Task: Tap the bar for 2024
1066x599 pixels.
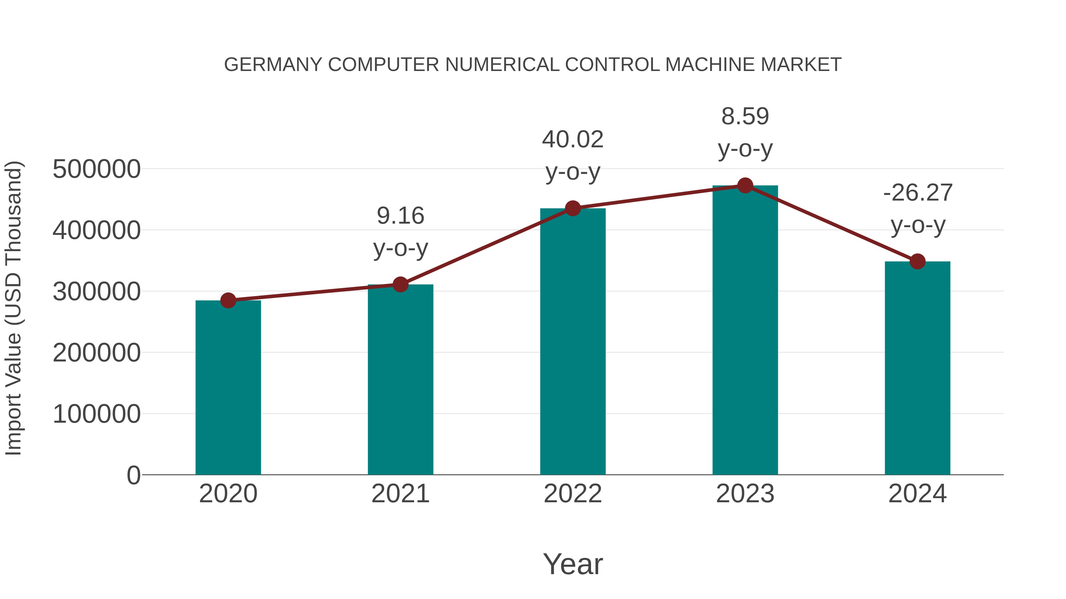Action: (917, 368)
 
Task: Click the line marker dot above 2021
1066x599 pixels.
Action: (400, 284)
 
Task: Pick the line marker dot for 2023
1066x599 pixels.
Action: (745, 185)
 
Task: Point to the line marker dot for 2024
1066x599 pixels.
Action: (917, 261)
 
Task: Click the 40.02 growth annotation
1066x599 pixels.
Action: (573, 139)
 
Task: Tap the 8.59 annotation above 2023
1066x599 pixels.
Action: (745, 116)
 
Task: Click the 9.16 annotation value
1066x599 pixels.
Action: (400, 216)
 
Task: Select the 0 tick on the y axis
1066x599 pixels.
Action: (133, 475)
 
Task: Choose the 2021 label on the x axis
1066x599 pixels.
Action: (400, 494)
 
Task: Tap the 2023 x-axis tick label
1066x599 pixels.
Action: (745, 494)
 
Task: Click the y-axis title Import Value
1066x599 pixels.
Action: (13, 308)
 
